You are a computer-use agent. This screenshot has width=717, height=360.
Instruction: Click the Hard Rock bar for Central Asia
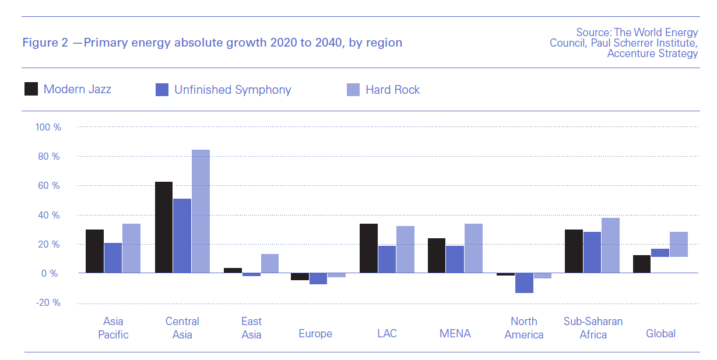(201, 211)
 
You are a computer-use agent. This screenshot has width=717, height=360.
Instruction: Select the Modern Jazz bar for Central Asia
(164, 227)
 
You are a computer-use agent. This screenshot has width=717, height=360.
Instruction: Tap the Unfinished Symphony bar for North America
(524, 283)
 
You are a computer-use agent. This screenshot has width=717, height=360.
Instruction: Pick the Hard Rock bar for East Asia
(269, 263)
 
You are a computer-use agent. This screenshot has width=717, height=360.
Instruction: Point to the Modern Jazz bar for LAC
(369, 248)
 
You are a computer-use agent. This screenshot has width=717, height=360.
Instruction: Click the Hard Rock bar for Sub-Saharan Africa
(610, 245)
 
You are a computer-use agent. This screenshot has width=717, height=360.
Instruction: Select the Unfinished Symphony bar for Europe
(318, 278)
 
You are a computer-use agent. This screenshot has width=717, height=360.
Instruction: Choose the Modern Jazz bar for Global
(642, 264)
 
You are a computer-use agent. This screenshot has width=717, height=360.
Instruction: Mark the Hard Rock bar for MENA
(473, 248)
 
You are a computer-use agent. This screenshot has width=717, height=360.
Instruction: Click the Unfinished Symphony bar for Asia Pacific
(113, 257)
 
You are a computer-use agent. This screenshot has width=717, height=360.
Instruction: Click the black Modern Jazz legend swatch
(31, 89)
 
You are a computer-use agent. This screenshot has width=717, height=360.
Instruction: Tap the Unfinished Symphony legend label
(233, 90)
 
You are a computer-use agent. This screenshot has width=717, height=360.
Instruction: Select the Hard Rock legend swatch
(353, 90)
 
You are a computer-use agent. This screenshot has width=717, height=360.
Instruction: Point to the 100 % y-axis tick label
(48, 127)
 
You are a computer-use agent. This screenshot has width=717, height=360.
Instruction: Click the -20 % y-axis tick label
(48, 303)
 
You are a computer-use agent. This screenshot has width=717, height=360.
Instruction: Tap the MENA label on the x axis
(455, 334)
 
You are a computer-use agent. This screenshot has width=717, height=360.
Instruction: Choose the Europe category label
(315, 334)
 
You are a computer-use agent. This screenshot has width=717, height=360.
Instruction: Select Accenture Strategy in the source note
(652, 54)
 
